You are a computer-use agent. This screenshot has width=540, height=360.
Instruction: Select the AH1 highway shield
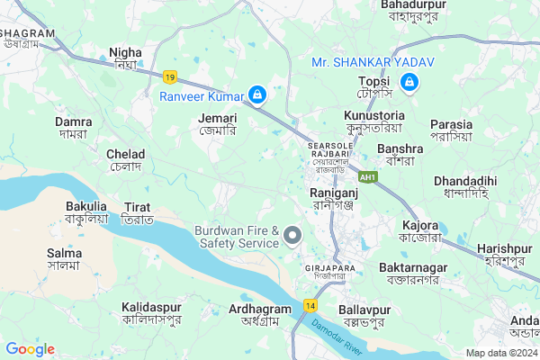pos(368,177)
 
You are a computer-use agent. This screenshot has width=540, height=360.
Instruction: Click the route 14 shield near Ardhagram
pos(310,306)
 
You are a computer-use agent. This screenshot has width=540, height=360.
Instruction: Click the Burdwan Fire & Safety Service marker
pos(292,236)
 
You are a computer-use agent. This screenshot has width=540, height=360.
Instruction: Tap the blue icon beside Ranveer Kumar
pos(257,94)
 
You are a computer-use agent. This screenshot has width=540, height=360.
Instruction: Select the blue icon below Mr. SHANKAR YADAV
pos(409,83)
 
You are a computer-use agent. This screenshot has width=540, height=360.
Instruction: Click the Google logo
pos(30,349)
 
